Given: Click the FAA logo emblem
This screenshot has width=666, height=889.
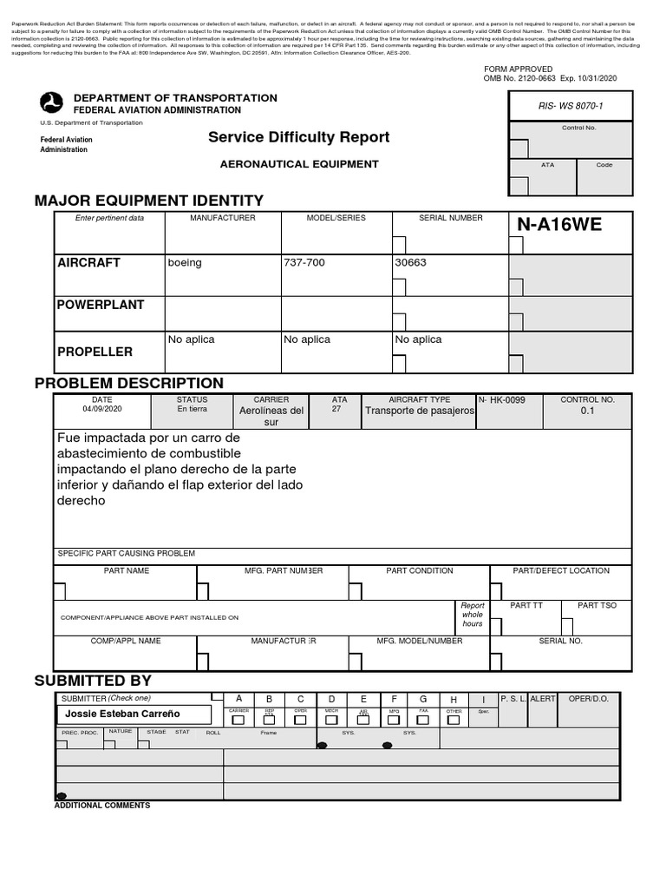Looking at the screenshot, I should pyautogui.click(x=52, y=103).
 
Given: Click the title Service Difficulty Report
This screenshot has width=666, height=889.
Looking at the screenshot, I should pyautogui.click(x=298, y=137).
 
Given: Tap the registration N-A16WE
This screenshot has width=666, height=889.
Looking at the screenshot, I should pyautogui.click(x=558, y=226).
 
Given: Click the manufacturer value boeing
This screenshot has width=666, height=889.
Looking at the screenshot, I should pyautogui.click(x=185, y=262).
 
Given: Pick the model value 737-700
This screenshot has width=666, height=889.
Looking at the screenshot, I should pyautogui.click(x=304, y=262).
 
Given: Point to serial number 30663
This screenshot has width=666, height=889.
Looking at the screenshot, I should pyautogui.click(x=411, y=262).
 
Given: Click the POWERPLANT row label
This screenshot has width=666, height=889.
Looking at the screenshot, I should pyautogui.click(x=101, y=305).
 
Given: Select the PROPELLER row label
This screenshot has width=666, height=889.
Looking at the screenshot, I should pyautogui.click(x=95, y=352).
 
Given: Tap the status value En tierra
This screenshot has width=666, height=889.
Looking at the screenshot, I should pyautogui.click(x=193, y=409).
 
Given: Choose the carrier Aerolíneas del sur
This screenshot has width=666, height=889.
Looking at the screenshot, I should pyautogui.click(x=271, y=416).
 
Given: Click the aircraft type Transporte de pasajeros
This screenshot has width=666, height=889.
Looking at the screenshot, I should pyautogui.click(x=420, y=412).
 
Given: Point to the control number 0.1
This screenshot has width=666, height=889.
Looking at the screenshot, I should pyautogui.click(x=587, y=412).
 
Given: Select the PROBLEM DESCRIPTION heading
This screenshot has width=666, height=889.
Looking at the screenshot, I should pyautogui.click(x=128, y=383).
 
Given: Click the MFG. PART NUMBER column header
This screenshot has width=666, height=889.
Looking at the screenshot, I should pyautogui.click(x=271, y=570).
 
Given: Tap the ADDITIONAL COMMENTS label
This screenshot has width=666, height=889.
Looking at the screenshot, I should pyautogui.click(x=102, y=805).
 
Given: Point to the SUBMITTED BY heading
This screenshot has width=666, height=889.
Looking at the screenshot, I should pyautogui.click(x=93, y=680).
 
